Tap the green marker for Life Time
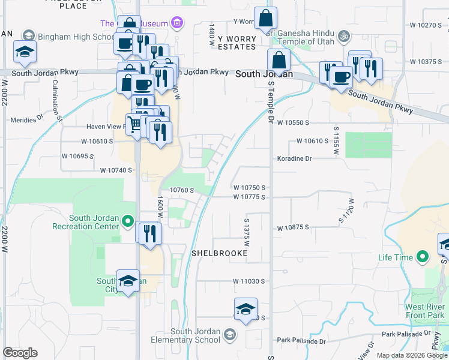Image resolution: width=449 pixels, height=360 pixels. [422, 257]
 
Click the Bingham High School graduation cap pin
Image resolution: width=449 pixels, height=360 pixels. [25, 53]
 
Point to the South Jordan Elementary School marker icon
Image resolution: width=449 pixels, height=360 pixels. [229, 334]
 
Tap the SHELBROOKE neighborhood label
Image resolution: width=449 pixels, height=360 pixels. [219, 253]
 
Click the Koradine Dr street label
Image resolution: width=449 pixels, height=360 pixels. [295, 158]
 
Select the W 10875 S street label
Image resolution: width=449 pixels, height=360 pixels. [293, 227]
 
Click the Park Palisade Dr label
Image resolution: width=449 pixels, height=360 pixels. [301, 341]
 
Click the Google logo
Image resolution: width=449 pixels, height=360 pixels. [20, 353]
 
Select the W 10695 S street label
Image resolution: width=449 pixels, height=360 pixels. [78, 156]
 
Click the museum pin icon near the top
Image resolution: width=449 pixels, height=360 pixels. [176, 23]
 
